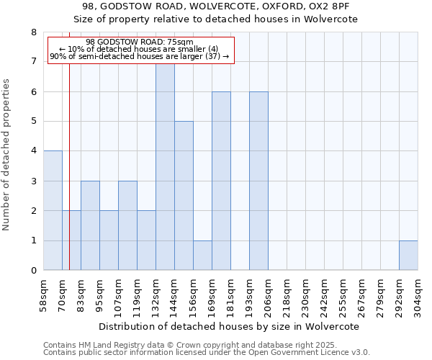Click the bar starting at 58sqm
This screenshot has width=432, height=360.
[x=53, y=210]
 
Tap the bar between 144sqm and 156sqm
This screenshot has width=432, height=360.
[x=184, y=196]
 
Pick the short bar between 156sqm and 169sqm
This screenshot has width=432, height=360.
[x=202, y=256]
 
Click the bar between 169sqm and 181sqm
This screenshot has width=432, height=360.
[x=221, y=181]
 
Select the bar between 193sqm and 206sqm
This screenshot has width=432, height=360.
[x=258, y=181]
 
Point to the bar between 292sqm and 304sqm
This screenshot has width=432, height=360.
[x=408, y=256]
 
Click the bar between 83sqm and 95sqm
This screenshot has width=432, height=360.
[x=90, y=225]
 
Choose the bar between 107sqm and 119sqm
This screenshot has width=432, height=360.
[x=127, y=225]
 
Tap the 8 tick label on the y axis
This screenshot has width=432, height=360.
[x=33, y=32]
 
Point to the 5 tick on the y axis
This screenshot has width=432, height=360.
[x=33, y=122]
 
